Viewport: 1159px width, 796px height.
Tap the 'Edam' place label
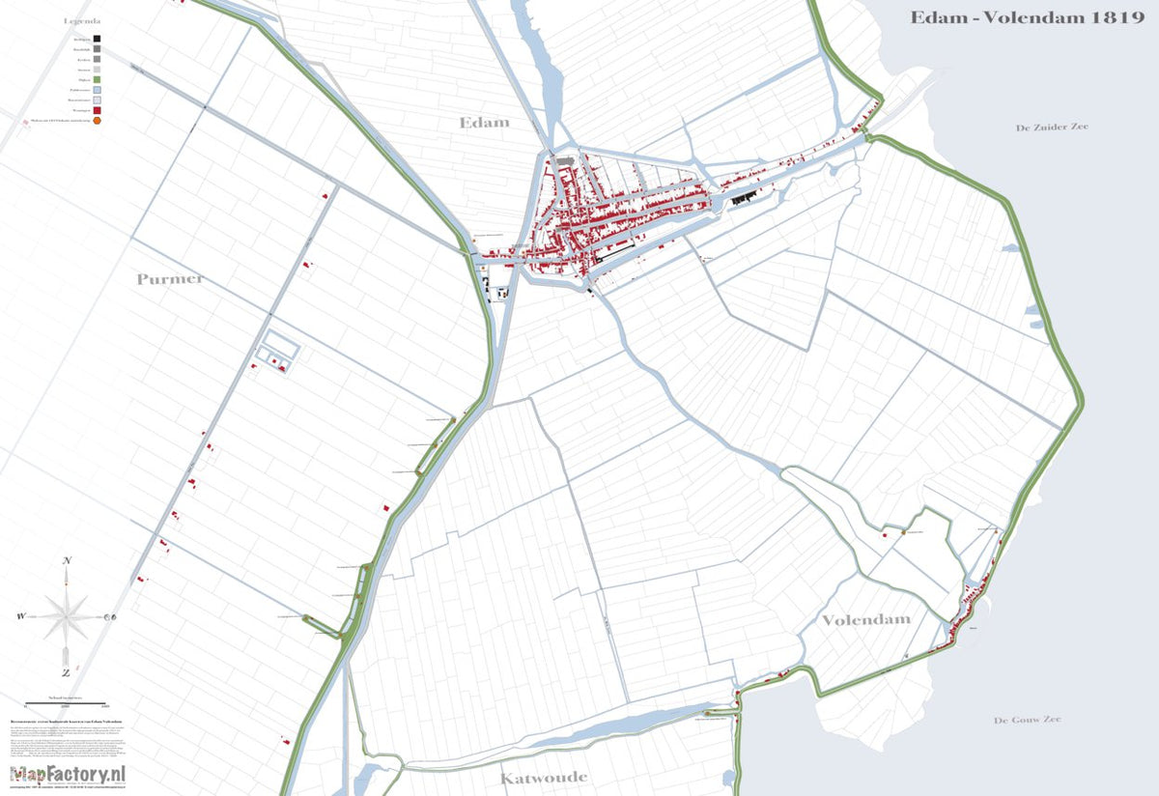pos(485,123)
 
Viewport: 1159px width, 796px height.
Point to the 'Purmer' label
pos(170,279)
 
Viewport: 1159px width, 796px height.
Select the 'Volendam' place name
pos(866,619)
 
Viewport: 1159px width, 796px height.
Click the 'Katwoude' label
pos(544,777)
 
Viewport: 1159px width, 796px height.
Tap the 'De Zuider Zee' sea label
pos(1052,128)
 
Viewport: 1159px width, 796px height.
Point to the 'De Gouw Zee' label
pos(1028,720)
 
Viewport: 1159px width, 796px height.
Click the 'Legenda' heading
pos(82,19)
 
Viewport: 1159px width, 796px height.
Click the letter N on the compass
pos(67,561)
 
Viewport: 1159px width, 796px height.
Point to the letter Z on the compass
pos(66,672)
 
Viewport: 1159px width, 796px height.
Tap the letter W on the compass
pos(20,616)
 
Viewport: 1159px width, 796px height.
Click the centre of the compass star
pos(66,615)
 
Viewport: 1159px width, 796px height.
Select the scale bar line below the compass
pos(66,699)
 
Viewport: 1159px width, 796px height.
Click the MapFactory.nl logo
pos(69,773)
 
